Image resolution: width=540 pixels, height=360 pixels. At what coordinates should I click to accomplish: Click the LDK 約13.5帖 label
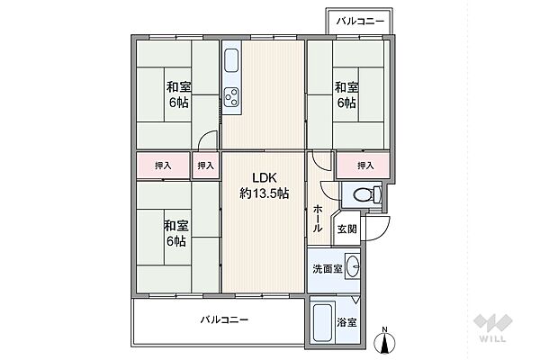pyautogui.click(x=264, y=185)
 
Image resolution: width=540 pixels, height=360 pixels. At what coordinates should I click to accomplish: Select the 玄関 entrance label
pyautogui.click(x=347, y=229)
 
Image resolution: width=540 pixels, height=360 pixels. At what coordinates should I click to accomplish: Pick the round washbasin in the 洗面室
pyautogui.click(x=353, y=266)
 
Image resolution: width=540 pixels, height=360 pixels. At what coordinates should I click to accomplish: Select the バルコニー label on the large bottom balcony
pyautogui.click(x=224, y=319)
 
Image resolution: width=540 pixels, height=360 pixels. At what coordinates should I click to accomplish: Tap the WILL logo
pyautogui.click(x=494, y=332)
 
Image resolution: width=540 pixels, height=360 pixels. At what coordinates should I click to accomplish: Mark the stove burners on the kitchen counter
pyautogui.click(x=232, y=96)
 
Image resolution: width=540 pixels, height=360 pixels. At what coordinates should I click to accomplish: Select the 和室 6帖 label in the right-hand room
pyautogui.click(x=347, y=95)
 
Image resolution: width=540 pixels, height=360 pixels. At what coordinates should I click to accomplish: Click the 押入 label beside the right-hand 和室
pyautogui.click(x=364, y=165)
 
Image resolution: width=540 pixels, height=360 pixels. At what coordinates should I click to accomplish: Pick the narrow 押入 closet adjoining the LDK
pyautogui.click(x=206, y=166)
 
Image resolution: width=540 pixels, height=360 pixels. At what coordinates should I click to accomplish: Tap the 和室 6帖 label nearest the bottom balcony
pyautogui.click(x=176, y=233)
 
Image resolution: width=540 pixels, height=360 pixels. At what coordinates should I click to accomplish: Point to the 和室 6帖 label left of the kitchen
pyautogui.click(x=177, y=95)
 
